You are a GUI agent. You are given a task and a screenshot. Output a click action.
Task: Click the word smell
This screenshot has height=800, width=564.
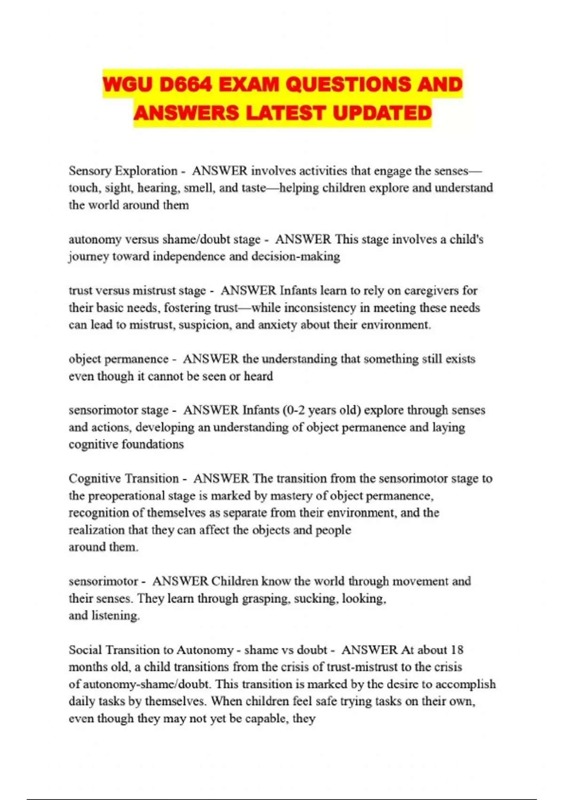pos(198,188)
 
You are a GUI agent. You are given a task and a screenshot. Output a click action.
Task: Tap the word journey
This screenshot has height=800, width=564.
pos(89,256)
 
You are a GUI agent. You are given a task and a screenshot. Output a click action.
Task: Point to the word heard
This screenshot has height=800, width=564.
pos(258,376)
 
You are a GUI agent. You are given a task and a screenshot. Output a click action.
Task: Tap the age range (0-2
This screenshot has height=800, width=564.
pos(294,410)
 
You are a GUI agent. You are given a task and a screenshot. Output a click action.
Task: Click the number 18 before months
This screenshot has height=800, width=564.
pos(456,650)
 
